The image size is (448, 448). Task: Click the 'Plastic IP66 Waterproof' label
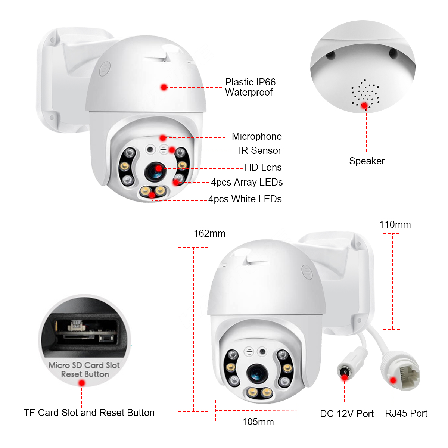[250, 87]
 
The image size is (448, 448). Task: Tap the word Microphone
[256, 136]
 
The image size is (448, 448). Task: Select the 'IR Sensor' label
[260, 150]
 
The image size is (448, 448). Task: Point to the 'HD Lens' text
[263, 167]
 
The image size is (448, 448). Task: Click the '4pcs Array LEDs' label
[247, 182]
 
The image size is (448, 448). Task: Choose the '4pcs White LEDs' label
[245, 199]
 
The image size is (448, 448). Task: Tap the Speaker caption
[367, 161]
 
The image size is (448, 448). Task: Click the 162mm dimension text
[209, 234]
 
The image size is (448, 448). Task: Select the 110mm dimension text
[395, 224]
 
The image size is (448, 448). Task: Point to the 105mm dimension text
[258, 422]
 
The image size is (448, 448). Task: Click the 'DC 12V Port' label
[346, 414]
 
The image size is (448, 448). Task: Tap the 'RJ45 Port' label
[406, 413]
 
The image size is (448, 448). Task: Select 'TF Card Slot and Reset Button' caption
[89, 413]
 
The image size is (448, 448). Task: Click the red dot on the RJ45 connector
[393, 380]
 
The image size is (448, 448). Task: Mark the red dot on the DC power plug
[345, 377]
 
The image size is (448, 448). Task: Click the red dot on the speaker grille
[364, 106]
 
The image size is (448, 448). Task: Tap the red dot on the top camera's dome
[164, 87]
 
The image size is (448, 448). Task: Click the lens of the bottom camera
[257, 372]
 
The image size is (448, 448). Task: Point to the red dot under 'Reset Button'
[82, 383]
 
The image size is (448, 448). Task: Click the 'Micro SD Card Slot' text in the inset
[84, 365]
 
